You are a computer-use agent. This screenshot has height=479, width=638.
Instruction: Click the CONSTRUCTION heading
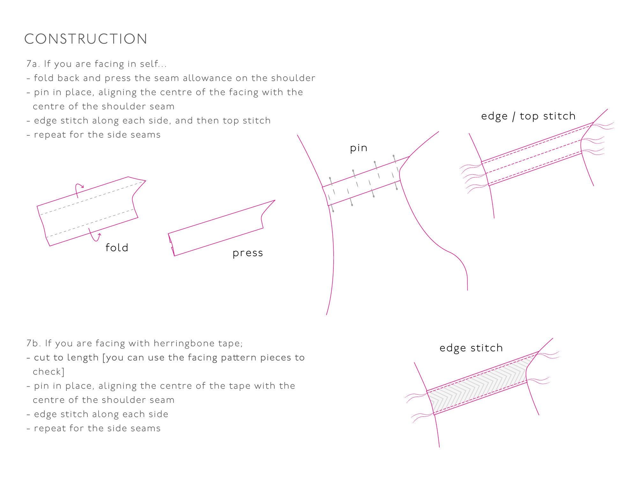(86, 39)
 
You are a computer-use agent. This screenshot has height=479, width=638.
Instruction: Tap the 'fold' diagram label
(117, 247)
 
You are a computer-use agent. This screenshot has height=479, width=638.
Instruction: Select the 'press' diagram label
(248, 253)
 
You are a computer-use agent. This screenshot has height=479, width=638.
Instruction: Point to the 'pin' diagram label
(359, 148)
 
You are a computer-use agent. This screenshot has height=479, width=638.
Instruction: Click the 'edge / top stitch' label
(528, 116)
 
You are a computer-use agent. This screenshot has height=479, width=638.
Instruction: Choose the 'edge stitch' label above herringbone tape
(471, 348)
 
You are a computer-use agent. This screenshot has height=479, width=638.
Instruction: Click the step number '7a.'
(33, 64)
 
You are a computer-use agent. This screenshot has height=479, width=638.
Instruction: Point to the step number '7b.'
(34, 343)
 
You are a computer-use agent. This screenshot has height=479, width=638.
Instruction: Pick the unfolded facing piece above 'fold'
(91, 211)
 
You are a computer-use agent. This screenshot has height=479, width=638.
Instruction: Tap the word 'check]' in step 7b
(48, 372)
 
